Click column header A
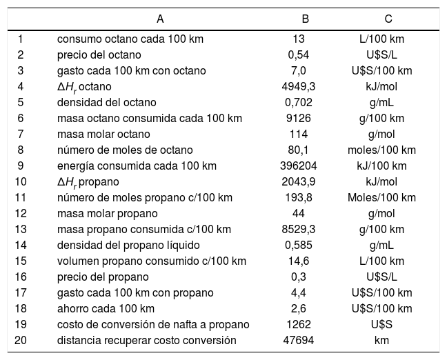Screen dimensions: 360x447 coord(160,18)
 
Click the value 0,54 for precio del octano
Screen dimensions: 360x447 coord(298,54)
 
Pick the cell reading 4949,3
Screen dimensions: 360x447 coord(298,86)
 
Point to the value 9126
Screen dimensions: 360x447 coord(298,118)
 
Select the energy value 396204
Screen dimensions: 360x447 coord(298,166)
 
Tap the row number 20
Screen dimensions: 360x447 coord(20,340)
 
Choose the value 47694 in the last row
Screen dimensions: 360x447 coord(298,340)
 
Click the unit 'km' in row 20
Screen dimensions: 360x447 coord(381,340)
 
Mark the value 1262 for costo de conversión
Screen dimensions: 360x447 coord(298,324)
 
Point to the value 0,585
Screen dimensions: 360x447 coord(298,245)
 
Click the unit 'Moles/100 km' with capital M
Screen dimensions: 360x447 coord(381,197)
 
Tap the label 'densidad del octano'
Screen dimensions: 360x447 coord(100,102)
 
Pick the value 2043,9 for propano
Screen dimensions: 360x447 coord(298,181)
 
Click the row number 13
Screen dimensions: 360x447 coord(20,229)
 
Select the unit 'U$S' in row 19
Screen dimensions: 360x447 coord(381,324)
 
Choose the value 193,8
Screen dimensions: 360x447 coord(298,197)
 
